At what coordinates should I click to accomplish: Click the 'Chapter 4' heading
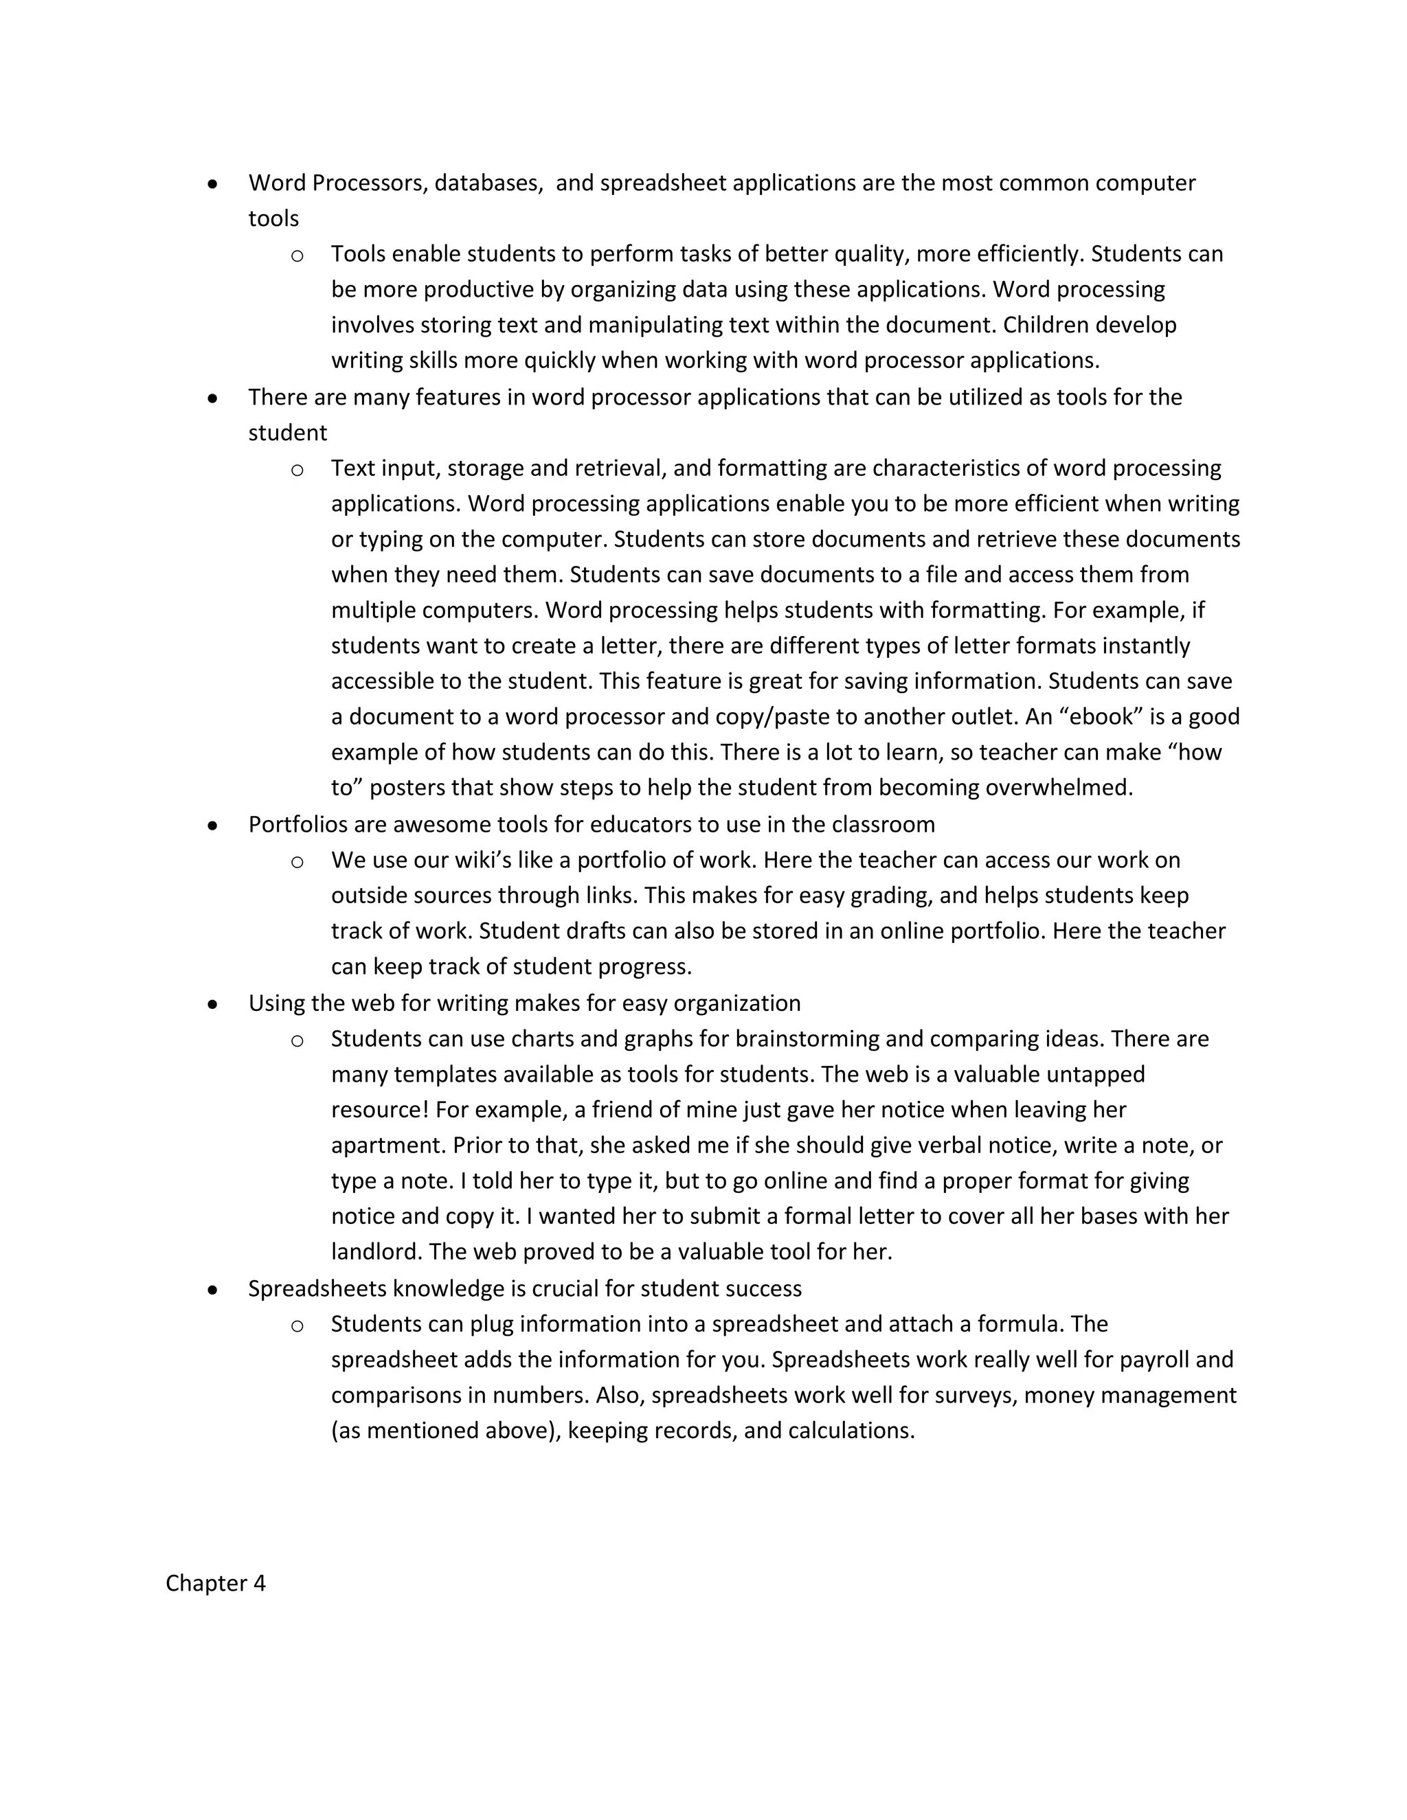click(215, 1582)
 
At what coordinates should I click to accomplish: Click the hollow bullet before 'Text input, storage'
click(297, 470)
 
